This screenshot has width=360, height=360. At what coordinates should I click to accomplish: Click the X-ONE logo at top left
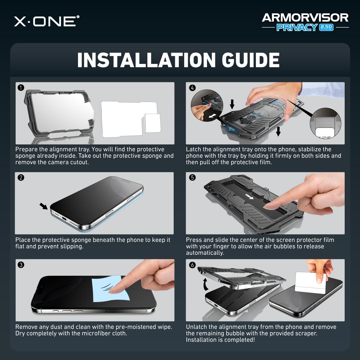point(46,21)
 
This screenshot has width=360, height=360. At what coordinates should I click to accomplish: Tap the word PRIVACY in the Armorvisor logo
point(296,27)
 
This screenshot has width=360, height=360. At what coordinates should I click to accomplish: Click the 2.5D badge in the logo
point(326,27)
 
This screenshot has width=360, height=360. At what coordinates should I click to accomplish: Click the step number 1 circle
point(21,88)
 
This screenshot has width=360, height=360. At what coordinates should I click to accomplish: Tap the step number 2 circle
point(21,178)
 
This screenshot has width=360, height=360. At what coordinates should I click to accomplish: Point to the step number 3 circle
point(21,265)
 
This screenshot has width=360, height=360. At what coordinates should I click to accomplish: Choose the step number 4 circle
point(192,88)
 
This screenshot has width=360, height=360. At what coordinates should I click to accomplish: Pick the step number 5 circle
point(192,178)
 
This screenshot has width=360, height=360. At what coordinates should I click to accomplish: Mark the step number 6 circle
point(192,265)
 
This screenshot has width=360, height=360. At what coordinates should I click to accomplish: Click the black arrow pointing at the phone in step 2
point(43,206)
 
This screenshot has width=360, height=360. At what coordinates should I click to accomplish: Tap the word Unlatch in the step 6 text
point(196,327)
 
